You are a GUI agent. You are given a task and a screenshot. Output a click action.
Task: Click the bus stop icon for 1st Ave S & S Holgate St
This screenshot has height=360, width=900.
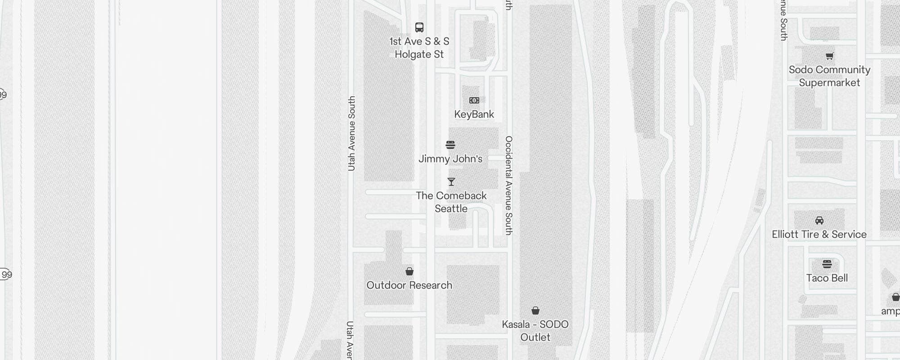tap(419, 27)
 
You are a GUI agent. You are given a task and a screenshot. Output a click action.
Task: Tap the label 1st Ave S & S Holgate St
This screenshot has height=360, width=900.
tap(419, 48)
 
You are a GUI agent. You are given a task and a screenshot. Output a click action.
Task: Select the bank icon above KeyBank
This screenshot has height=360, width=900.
tap(474, 100)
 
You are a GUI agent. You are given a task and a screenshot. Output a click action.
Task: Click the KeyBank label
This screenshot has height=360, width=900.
tap(474, 114)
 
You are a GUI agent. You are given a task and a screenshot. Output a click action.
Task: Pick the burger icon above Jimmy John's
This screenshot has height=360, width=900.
tap(450, 145)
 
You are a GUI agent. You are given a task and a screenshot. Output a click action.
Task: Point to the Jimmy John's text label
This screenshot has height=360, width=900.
tap(450, 159)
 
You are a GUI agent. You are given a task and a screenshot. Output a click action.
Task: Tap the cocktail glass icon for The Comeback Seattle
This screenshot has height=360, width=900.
tap(451, 182)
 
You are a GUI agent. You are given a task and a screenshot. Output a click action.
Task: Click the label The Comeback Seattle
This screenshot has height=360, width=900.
tap(451, 202)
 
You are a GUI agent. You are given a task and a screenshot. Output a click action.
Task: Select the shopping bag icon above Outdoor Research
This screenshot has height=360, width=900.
tap(409, 271)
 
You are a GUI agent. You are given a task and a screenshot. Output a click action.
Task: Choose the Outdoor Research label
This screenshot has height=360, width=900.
tap(409, 285)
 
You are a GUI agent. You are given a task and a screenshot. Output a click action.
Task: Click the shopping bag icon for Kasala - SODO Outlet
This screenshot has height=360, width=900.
tap(535, 310)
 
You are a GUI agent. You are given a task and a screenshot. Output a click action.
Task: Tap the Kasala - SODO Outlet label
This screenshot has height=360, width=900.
tap(535, 331)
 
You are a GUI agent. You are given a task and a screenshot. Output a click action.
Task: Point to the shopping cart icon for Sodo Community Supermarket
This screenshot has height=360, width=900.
tap(830, 56)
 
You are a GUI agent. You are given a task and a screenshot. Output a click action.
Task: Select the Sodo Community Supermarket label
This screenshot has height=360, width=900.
tap(830, 76)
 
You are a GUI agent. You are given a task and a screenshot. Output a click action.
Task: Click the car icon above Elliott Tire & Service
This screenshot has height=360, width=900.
tap(819, 220)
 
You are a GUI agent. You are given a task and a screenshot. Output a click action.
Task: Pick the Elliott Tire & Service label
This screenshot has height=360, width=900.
tap(819, 234)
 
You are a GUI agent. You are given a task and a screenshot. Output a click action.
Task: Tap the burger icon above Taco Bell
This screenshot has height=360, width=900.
tap(827, 264)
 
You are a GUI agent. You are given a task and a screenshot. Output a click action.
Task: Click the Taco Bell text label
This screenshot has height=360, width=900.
tap(827, 278)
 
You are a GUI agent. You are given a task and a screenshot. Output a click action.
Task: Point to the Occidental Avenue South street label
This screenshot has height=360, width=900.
tap(509, 185)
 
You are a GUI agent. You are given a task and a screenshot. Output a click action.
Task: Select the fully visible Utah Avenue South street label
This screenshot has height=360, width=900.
tap(352, 134)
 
